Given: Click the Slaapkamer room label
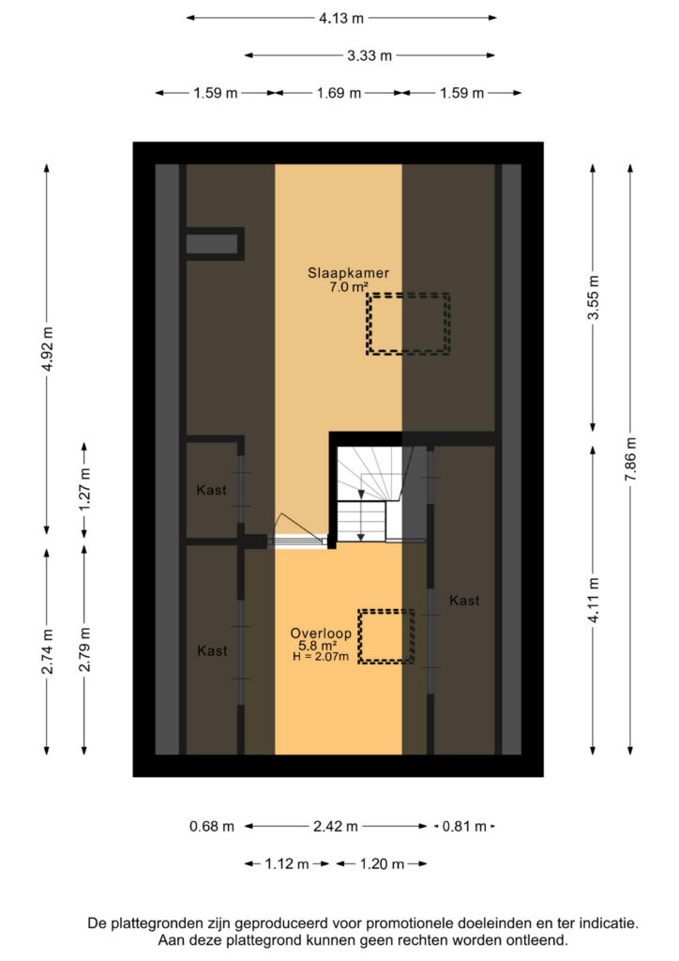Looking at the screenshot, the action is coord(348,273).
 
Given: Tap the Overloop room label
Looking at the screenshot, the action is coord(321,633).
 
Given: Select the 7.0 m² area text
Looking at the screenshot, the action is coord(348,286).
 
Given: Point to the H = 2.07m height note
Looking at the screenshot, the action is coord(321,657).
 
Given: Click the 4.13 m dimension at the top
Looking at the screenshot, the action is coord(341,19).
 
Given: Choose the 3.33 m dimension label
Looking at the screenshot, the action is coord(370,55).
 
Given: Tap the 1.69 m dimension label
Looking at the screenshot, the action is coord(339,93).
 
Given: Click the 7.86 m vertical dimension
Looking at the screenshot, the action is coord(630,459).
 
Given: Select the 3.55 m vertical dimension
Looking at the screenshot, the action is coord(594,297).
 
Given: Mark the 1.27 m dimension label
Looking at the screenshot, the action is coord(84,489).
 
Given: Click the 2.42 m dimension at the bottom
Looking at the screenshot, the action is coord(336,826).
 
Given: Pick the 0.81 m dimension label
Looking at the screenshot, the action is coord(464,826).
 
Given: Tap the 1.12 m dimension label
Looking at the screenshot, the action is coord(287,864).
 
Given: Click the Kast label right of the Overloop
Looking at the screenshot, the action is coord(464,601).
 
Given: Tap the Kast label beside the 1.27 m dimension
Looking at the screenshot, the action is coord(211,490).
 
